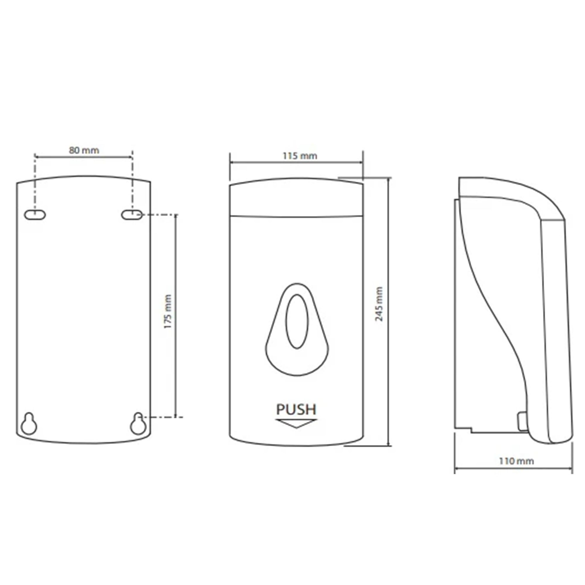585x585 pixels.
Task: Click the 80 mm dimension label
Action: click(84, 150)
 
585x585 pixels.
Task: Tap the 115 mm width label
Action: click(300, 156)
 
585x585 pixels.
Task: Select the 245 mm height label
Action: click(379, 304)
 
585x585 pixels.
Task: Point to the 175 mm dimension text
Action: click(167, 312)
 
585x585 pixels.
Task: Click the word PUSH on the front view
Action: click(296, 410)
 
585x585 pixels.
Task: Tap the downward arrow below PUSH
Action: click(296, 424)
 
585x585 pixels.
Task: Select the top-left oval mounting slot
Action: click(35, 215)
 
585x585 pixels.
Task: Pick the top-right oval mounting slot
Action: click(132, 215)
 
